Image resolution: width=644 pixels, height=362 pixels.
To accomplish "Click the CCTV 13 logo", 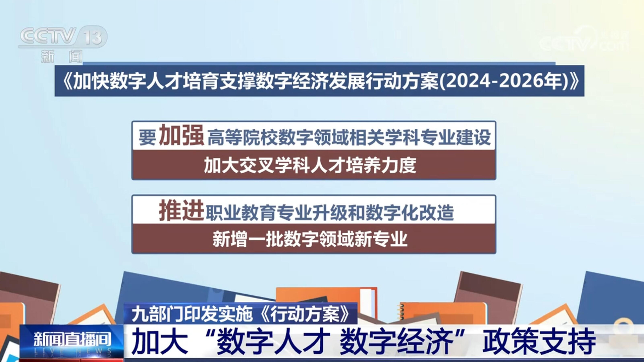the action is (63, 37).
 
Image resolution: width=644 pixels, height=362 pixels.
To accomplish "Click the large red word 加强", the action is (181, 135).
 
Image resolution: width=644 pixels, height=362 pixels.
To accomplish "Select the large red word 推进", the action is (181, 210).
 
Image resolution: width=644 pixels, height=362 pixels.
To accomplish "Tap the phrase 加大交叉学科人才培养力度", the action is (310, 165).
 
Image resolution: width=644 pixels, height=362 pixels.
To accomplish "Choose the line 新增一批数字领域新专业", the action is (310, 239).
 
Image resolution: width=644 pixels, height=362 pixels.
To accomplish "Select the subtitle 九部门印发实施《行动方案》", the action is (240, 314).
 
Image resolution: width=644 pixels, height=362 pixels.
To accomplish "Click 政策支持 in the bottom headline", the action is (539, 342).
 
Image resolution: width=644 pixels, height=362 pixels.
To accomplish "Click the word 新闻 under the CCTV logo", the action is (62, 56).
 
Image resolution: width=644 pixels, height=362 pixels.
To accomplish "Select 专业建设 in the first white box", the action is (455, 137).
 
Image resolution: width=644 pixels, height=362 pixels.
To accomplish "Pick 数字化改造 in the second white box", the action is (410, 212).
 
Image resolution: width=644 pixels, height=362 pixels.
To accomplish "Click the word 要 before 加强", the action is (148, 137).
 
